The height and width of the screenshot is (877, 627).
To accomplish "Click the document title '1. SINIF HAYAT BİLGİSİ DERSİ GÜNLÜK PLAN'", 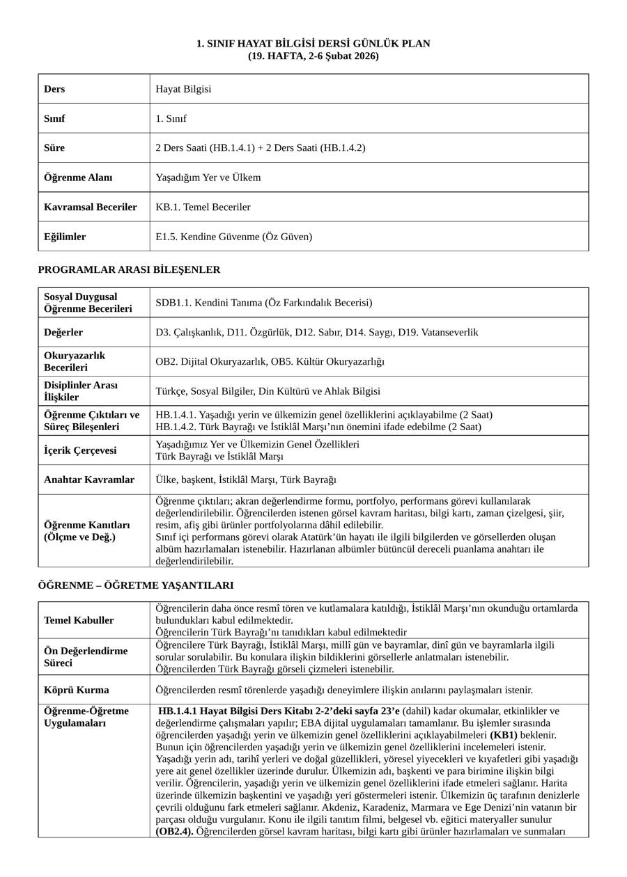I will (x=313, y=44).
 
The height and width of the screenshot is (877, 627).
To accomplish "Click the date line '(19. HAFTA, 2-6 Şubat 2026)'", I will (x=313, y=56).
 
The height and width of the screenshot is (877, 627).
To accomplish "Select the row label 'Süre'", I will (x=54, y=148).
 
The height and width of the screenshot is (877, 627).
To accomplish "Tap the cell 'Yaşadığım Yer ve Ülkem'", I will (x=208, y=177).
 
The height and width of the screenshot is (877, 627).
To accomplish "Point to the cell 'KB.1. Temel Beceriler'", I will (x=203, y=207).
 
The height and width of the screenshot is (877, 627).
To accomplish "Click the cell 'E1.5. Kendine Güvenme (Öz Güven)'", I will (x=234, y=237).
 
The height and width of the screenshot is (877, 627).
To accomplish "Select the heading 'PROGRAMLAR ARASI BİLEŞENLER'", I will (x=129, y=269).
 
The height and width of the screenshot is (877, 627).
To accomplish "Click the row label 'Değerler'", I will (x=63, y=332).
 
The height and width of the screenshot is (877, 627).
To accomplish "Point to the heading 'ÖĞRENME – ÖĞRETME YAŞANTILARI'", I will (x=136, y=585).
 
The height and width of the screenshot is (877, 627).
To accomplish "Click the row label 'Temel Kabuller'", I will (x=79, y=620).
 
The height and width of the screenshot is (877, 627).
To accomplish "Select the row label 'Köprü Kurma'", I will (x=77, y=690).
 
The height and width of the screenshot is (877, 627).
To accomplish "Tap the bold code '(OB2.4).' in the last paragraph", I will (x=175, y=831).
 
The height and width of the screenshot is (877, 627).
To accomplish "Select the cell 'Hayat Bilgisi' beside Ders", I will (x=183, y=89).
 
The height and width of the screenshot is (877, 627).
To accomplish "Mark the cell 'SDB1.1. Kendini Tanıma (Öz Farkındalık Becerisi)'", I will (x=264, y=303).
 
